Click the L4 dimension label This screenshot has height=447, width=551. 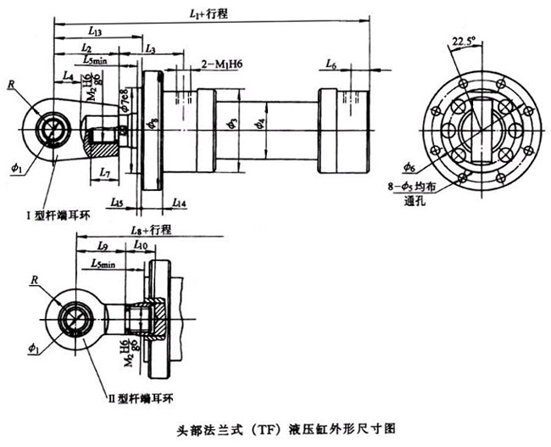click(x=68, y=76)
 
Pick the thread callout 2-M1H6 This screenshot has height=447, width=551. click(x=223, y=64)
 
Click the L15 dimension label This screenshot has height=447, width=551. click(x=118, y=203)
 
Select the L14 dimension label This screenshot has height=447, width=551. click(x=179, y=203)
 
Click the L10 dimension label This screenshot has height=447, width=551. click(x=140, y=246)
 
